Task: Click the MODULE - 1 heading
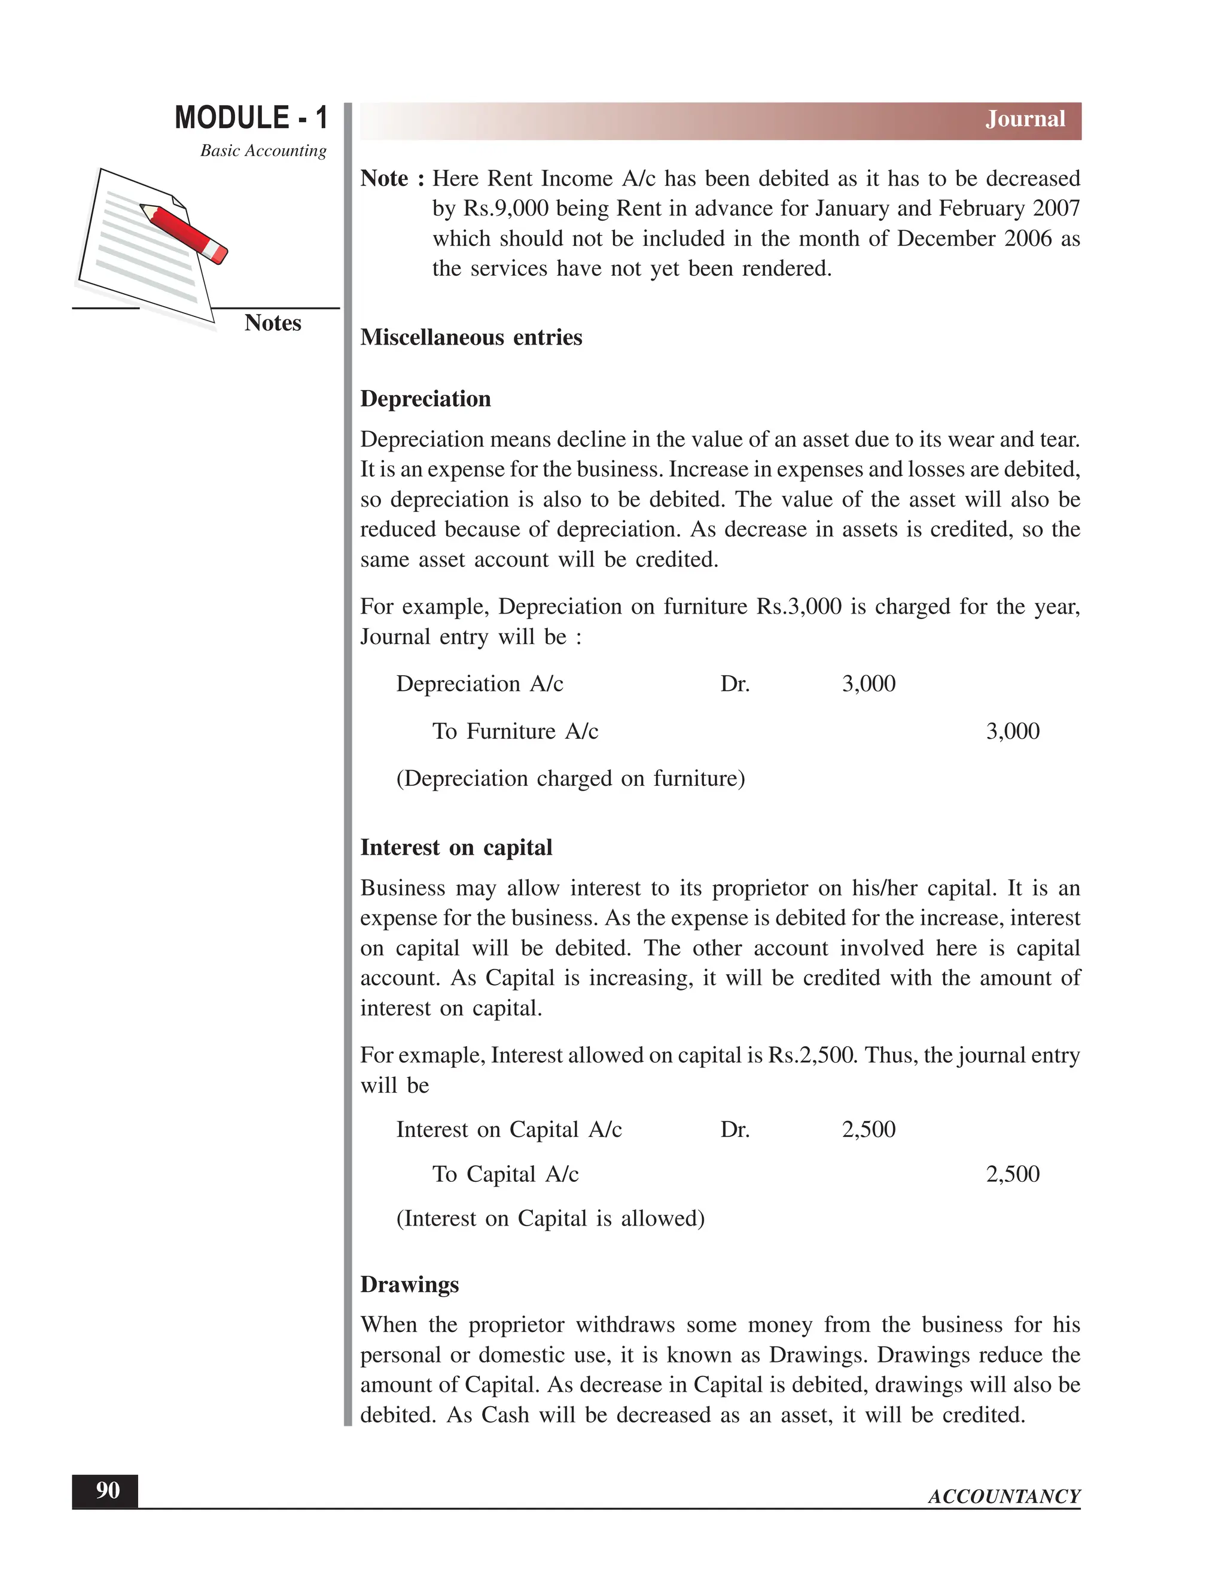point(251,118)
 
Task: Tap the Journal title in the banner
point(1025,119)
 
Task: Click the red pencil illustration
point(184,233)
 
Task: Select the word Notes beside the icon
point(272,323)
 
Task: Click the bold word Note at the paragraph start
point(385,178)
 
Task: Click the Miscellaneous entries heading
point(471,337)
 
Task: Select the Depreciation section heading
point(425,399)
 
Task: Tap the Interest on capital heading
point(456,848)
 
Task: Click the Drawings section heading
point(409,1285)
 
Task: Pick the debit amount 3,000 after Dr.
point(868,684)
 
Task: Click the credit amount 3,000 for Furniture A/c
point(1013,731)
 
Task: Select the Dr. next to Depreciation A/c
point(735,684)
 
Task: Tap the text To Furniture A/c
point(515,731)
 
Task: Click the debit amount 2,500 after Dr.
point(868,1129)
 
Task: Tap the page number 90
point(108,1490)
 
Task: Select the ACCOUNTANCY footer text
point(1004,1496)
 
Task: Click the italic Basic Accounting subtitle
point(263,151)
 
